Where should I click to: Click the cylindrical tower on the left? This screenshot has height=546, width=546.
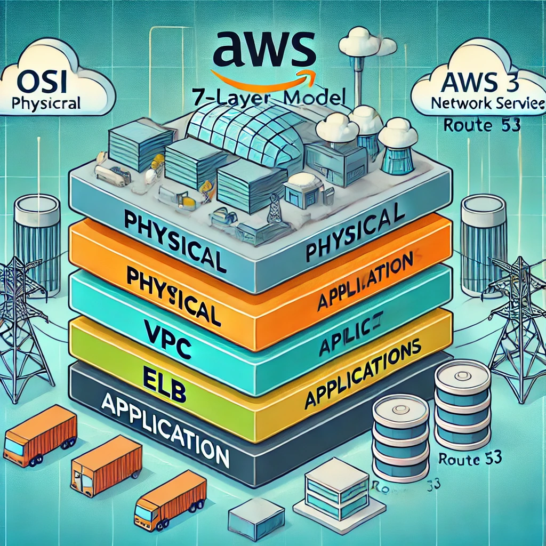coord(37,240)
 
